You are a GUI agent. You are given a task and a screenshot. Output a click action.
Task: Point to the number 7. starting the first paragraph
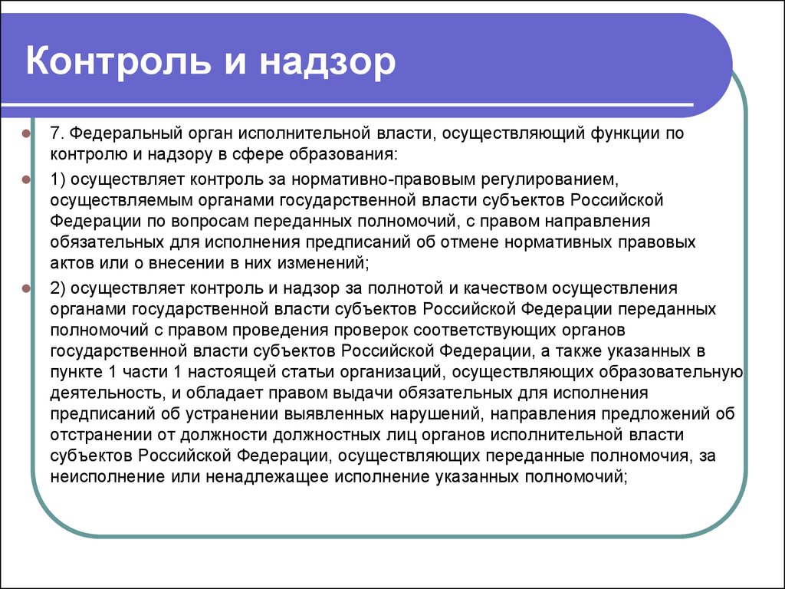click(57, 133)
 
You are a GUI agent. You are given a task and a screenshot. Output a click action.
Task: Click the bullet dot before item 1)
click(26, 179)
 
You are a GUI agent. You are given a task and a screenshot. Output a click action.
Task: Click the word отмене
click(470, 242)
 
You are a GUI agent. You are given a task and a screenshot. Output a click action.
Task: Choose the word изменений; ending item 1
click(324, 263)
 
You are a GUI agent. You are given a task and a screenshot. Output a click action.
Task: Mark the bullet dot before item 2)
click(26, 288)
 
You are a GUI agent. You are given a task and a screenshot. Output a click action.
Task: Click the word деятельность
click(106, 393)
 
